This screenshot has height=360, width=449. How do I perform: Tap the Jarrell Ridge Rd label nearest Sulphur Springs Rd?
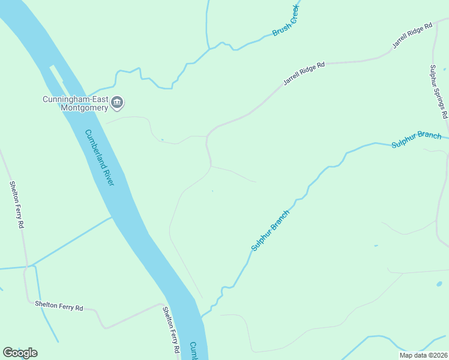pyautogui.click(x=412, y=37)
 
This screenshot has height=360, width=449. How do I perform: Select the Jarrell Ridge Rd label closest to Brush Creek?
pyautogui.click(x=304, y=73)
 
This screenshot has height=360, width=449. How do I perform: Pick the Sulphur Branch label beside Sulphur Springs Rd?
pyautogui.click(x=416, y=139)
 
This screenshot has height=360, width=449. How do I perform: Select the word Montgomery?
pyautogui.click(x=83, y=107)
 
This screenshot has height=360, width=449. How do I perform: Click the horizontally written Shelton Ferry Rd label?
pyautogui.click(x=59, y=307)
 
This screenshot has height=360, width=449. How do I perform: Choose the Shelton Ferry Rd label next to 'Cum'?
pyautogui.click(x=172, y=329)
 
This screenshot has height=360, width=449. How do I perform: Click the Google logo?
pyautogui.click(x=20, y=353)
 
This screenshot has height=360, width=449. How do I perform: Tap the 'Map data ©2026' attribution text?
pyautogui.click(x=423, y=355)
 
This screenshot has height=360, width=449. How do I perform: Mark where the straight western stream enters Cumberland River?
pyautogui.click(x=112, y=217)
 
